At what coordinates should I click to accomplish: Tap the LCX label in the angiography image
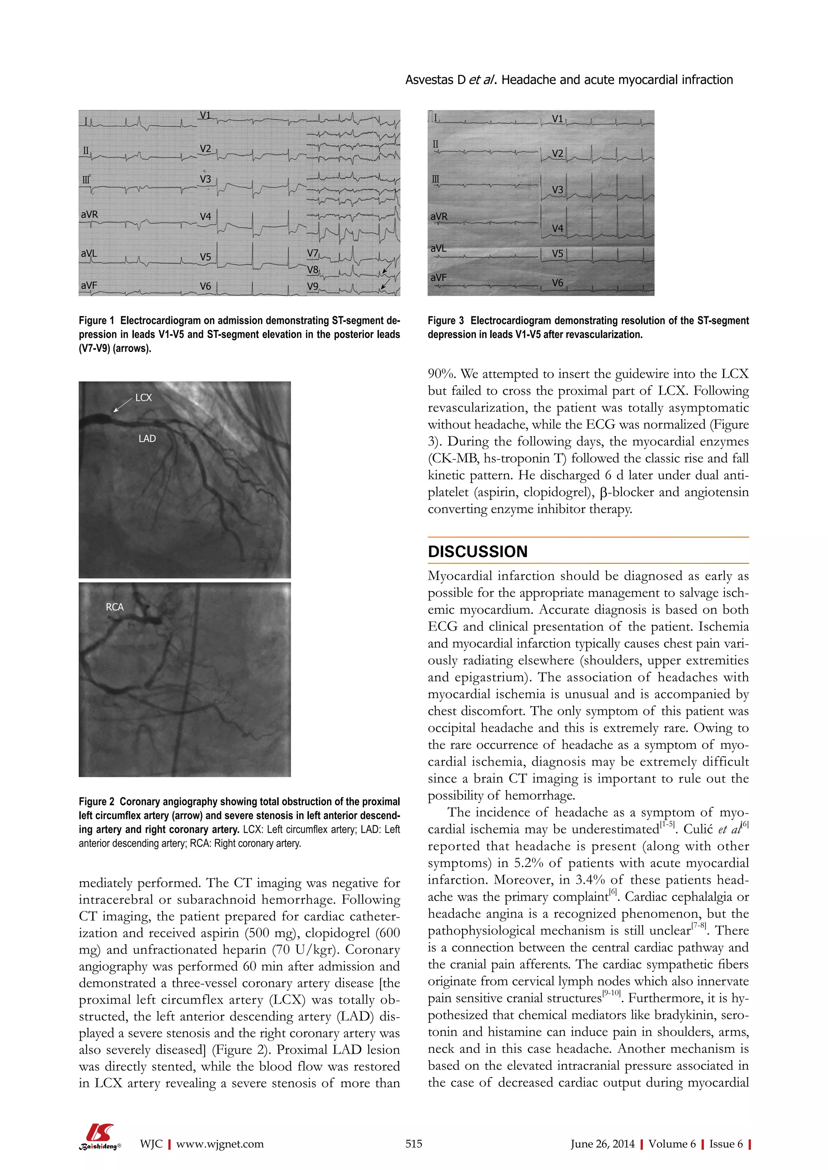143,398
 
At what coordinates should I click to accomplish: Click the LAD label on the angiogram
147,438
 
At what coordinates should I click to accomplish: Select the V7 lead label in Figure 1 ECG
313,253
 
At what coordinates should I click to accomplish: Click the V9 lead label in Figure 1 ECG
313,286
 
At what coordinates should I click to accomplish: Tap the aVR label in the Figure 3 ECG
439,216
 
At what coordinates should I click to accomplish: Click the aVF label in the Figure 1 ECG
89,285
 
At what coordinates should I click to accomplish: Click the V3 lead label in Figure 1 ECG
205,179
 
